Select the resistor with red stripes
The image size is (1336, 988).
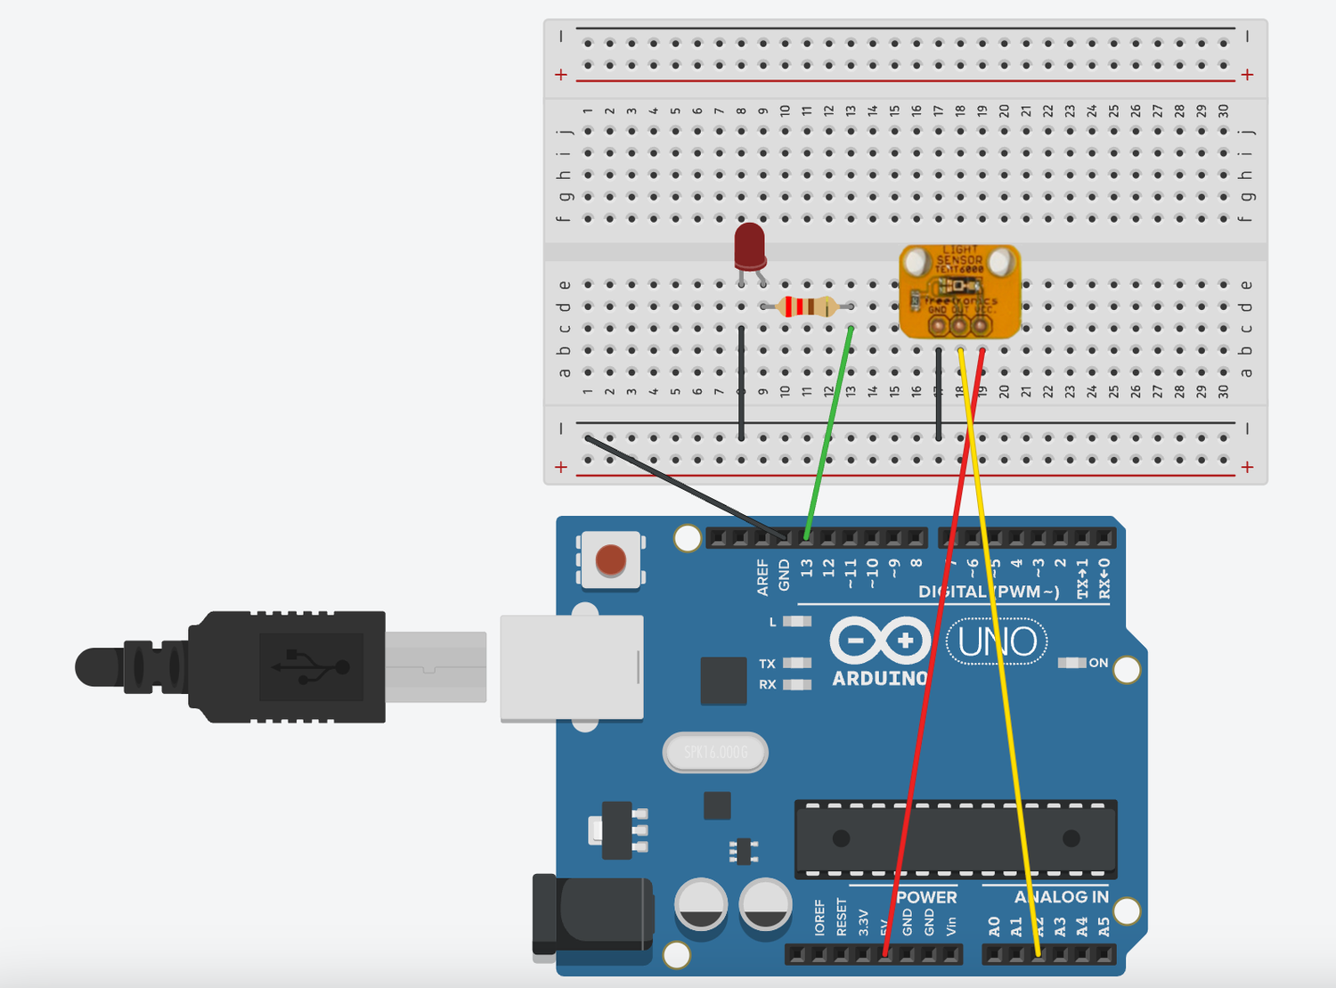point(806,307)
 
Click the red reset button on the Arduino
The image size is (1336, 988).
point(610,560)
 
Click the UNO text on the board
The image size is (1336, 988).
point(997,641)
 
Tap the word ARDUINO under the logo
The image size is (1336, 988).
point(879,679)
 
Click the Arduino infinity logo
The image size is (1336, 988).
point(880,641)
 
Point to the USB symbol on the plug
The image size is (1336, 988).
point(311,666)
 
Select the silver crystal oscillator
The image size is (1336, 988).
point(715,753)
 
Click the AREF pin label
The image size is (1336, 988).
point(762,577)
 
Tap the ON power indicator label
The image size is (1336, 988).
point(1098,663)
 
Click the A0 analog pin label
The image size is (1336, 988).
point(995,927)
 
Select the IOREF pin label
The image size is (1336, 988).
point(819,918)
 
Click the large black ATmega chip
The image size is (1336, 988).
point(955,838)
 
